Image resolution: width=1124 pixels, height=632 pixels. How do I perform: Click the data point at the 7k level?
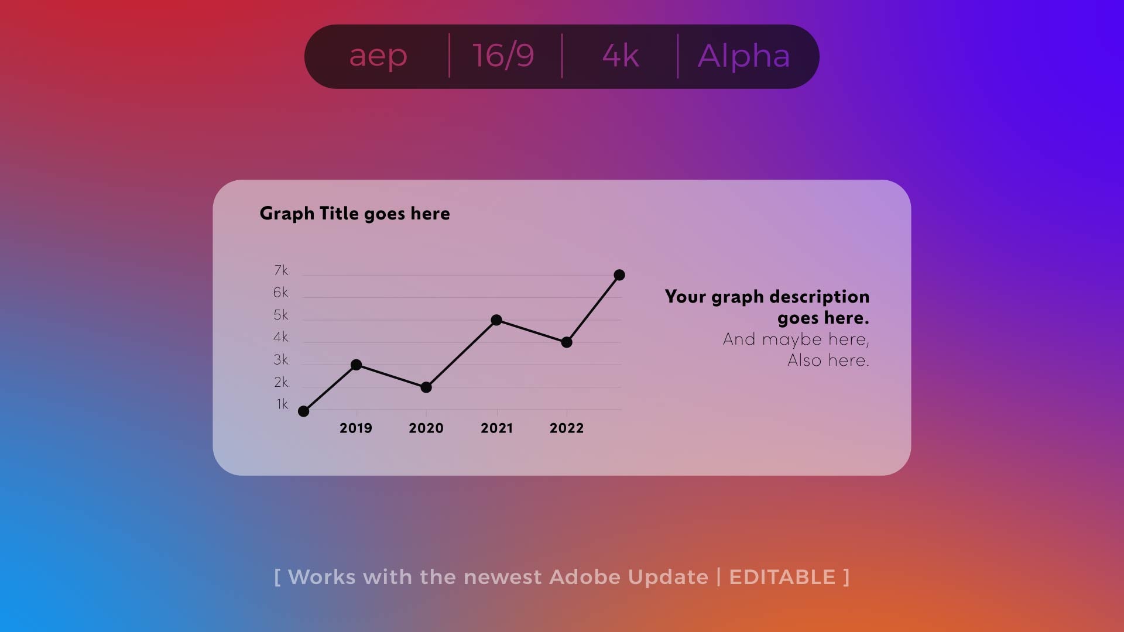coord(619,275)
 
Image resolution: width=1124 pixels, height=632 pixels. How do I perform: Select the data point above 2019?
coord(356,365)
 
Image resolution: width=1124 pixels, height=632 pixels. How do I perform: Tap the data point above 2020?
coord(426,387)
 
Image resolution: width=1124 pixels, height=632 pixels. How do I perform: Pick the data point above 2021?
coord(496,320)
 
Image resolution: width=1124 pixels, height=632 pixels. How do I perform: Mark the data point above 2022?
coord(567,342)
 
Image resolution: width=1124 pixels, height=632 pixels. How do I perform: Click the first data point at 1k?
coord(303,411)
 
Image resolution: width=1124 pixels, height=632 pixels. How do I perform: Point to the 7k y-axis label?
coord(281,270)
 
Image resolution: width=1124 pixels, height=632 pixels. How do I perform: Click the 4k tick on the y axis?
coord(281,337)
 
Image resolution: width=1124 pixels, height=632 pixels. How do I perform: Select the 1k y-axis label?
coord(282,404)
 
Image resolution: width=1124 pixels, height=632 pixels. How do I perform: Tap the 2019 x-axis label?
coord(356,428)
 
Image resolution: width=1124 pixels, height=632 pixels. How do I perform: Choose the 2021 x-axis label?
coord(496,428)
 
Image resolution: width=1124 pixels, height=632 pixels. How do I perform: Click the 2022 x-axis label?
coord(567,428)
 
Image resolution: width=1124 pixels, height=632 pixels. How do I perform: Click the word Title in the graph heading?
coord(339,214)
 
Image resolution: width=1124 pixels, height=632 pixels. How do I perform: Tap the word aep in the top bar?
coord(378,56)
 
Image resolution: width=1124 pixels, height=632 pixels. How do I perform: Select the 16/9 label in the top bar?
coord(503,56)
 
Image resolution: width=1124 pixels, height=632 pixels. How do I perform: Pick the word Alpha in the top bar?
coord(743,56)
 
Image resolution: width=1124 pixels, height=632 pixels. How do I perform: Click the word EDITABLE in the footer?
coord(782,577)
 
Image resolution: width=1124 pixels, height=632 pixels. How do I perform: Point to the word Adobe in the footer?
coord(585,577)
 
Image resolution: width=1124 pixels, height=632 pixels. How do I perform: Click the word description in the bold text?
coord(820,297)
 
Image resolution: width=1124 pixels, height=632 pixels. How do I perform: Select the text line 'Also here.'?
coord(828,360)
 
